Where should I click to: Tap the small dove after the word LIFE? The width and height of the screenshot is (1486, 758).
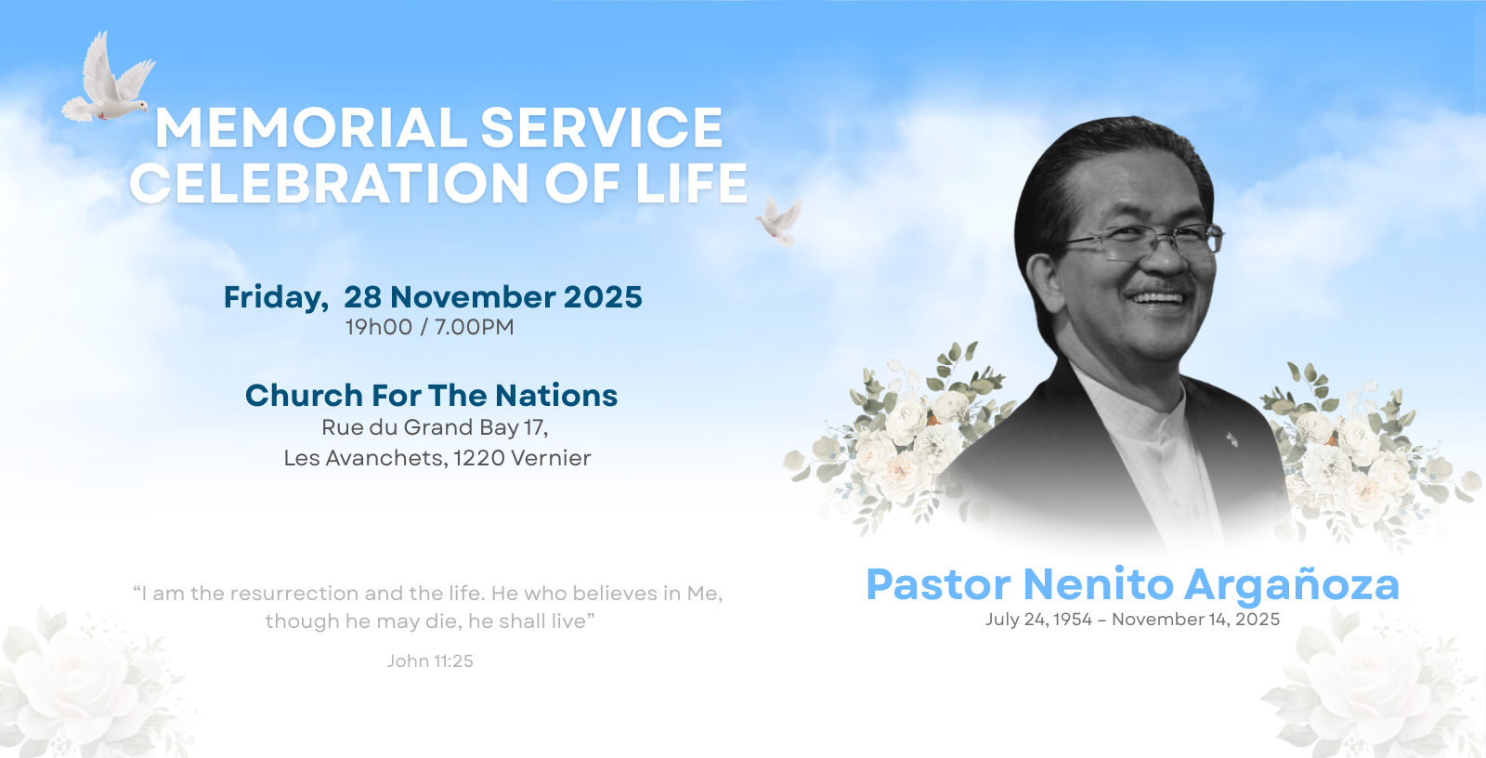[x=779, y=221]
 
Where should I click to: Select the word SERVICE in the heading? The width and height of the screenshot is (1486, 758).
[x=601, y=127]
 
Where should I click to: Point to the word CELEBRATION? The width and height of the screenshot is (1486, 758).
[x=329, y=183]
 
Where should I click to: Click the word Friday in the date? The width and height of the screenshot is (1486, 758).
[x=276, y=297]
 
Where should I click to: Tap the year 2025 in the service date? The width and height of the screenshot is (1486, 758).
[x=603, y=296]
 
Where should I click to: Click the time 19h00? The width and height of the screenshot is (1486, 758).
[x=379, y=327]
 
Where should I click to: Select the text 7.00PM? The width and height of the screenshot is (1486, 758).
[x=475, y=327]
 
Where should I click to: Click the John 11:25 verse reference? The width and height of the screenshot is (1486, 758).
[x=430, y=661]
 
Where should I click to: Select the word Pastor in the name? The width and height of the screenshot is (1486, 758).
[x=939, y=584]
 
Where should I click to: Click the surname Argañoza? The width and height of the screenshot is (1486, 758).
[x=1292, y=585]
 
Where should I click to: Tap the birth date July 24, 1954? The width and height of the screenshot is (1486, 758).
[x=1039, y=620]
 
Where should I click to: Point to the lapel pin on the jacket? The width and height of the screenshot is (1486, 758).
[x=1232, y=438]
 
